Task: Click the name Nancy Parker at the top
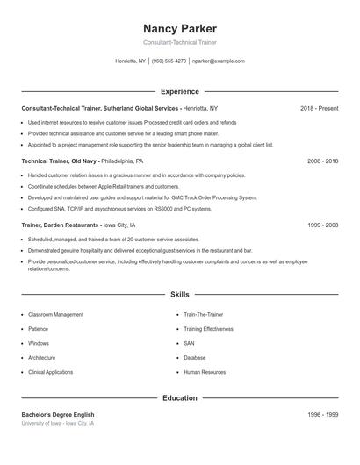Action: pyautogui.click(x=179, y=29)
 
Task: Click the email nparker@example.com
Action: pyautogui.click(x=218, y=61)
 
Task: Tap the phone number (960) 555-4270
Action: pyautogui.click(x=169, y=61)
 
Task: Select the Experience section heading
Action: pyautogui.click(x=179, y=91)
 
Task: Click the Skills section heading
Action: pyautogui.click(x=179, y=295)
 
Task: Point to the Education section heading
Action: pyautogui.click(x=179, y=398)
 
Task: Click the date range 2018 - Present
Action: pyautogui.click(x=319, y=108)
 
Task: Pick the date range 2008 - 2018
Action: pyautogui.click(x=322, y=161)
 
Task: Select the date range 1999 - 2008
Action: pyautogui.click(x=322, y=225)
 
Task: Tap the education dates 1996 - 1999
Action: pyautogui.click(x=322, y=414)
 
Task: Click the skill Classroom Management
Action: pyautogui.click(x=56, y=314)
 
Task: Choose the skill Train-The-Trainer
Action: pyautogui.click(x=204, y=314)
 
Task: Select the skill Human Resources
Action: pyautogui.click(x=205, y=373)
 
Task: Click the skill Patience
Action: pyautogui.click(x=39, y=329)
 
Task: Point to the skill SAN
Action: pyautogui.click(x=189, y=344)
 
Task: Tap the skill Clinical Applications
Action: pyautogui.click(x=51, y=373)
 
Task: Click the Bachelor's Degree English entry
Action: pyautogui.click(x=58, y=414)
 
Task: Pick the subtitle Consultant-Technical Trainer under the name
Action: pyautogui.click(x=179, y=42)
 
